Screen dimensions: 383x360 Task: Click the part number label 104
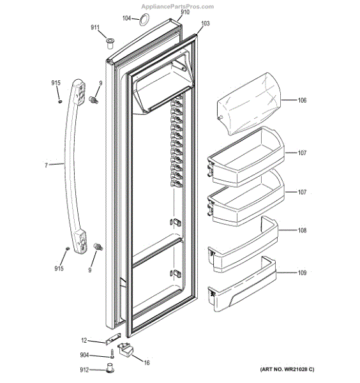click(126, 19)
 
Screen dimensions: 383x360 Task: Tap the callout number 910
click(184, 12)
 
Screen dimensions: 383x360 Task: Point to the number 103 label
click(204, 24)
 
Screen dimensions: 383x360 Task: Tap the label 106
click(302, 100)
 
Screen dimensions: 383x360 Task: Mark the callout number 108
click(302, 231)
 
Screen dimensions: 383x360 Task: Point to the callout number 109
click(302, 273)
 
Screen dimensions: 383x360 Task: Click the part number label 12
click(84, 340)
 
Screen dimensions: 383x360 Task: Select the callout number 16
click(146, 363)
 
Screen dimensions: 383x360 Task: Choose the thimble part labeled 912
click(110, 369)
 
